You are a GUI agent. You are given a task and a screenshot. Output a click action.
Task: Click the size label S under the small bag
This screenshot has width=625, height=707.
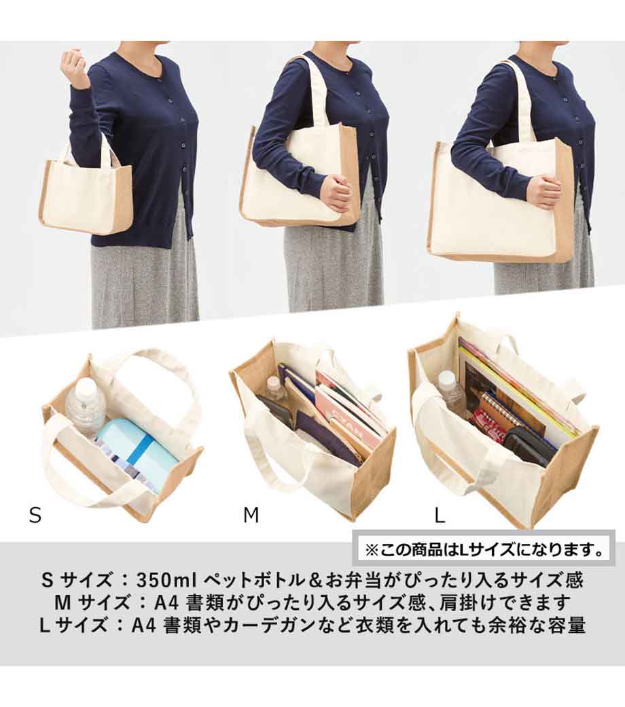(35, 515)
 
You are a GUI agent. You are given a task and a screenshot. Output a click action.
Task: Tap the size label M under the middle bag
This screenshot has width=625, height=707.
(251, 515)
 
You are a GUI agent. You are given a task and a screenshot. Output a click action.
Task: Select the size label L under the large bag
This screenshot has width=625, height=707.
(440, 515)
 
